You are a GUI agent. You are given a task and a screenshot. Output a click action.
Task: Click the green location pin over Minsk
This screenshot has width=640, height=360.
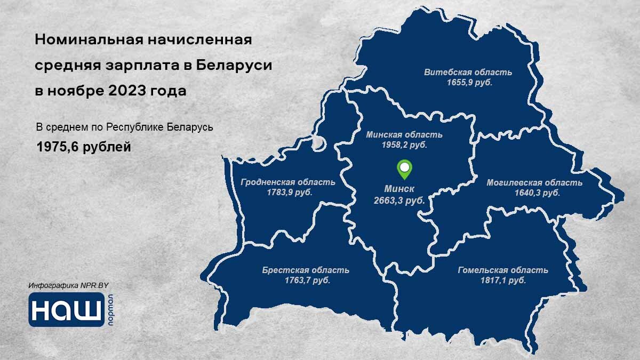click(405, 170)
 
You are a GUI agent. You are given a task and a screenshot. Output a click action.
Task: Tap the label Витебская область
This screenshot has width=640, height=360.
click(468, 73)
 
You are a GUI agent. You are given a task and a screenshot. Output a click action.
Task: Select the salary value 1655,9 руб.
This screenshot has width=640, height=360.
click(469, 83)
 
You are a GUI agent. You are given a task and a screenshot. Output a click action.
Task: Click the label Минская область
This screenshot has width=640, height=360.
click(404, 135)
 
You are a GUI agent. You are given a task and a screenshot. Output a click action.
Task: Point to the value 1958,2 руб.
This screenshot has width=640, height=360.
click(404, 145)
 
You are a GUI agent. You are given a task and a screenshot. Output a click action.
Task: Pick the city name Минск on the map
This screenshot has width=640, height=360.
click(399, 189)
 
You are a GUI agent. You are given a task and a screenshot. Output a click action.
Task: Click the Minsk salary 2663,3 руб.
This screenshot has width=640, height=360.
click(399, 201)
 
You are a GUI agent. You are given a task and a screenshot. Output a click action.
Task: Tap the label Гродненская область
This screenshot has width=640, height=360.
click(288, 182)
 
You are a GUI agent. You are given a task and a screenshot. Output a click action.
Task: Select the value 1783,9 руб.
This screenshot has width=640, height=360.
click(289, 193)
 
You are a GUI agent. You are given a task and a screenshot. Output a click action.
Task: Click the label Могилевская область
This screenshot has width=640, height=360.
click(534, 183)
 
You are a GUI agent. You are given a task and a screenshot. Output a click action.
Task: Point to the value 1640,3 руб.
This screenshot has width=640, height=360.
click(537, 193)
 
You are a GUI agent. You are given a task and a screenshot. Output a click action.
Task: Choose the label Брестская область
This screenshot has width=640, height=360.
click(306, 270)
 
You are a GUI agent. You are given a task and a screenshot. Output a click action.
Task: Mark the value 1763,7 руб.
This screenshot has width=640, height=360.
click(307, 281)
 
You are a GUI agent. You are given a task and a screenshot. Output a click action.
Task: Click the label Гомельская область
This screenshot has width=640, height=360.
click(503, 270)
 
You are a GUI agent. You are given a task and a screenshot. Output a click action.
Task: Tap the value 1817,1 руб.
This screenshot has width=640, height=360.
click(503, 281)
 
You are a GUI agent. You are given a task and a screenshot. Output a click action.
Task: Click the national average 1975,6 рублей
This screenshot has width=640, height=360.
click(83, 147)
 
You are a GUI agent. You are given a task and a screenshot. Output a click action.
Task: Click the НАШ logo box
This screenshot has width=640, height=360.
click(67, 309)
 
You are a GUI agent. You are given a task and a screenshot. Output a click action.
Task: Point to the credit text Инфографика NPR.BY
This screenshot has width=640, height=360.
click(69, 286)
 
